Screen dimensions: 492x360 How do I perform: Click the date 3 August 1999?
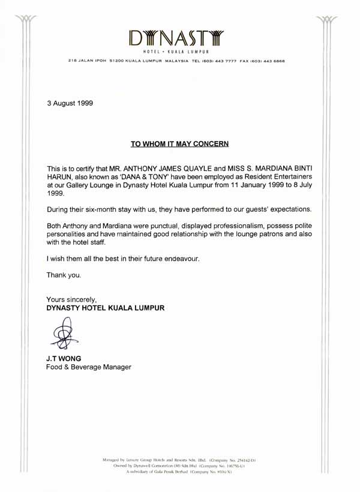point(70,103)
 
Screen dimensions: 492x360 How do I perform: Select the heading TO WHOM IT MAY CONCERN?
point(180,144)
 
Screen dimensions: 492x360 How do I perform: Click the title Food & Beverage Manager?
point(88,367)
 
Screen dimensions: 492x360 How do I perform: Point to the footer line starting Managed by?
point(179,460)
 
